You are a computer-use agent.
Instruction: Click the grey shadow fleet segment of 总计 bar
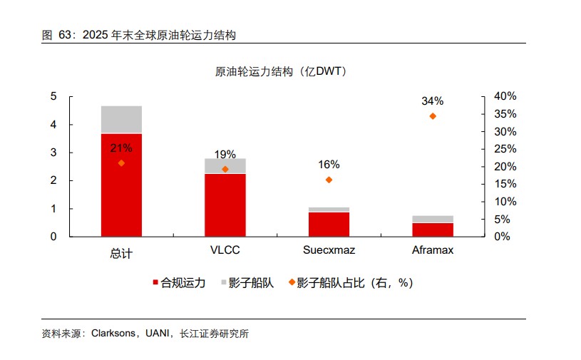click(121, 119)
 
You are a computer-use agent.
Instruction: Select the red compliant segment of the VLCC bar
click(225, 205)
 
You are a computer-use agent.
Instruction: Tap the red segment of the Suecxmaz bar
click(329, 224)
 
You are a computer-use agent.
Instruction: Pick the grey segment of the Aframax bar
click(433, 219)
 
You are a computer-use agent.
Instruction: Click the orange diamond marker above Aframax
click(433, 116)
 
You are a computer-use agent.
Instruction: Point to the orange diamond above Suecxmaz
click(329, 180)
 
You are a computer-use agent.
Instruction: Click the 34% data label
click(433, 101)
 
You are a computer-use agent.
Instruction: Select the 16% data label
click(329, 165)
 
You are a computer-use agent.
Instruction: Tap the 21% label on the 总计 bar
click(121, 148)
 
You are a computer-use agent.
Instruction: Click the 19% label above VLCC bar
click(225, 154)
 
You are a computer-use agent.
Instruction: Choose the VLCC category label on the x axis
click(225, 250)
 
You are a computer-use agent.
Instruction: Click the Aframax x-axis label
click(433, 250)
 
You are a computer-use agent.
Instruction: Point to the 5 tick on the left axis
click(53, 96)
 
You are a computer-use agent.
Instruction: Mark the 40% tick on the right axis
click(505, 96)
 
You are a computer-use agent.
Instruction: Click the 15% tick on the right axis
click(505, 184)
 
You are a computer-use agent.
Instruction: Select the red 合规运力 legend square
click(155, 282)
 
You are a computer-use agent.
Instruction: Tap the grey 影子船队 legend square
click(223, 282)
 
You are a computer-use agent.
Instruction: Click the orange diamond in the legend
click(292, 282)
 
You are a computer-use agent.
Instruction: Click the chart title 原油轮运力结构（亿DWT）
click(282, 71)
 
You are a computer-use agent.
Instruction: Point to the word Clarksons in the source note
click(113, 334)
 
